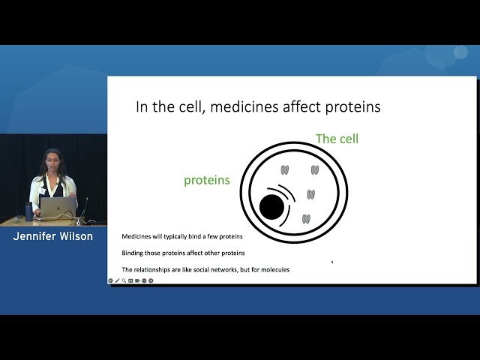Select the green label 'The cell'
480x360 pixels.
click(x=337, y=139)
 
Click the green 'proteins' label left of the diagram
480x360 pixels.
click(x=206, y=180)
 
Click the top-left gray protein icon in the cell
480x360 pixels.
click(x=285, y=170)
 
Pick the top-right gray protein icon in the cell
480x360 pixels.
click(x=315, y=170)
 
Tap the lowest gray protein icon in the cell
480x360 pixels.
click(x=306, y=219)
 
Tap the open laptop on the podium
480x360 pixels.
click(x=58, y=207)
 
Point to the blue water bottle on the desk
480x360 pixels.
click(x=29, y=211)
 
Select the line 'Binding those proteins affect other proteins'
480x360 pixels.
click(x=183, y=253)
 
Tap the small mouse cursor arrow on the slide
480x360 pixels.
click(x=332, y=262)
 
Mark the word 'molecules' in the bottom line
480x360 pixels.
click(x=274, y=269)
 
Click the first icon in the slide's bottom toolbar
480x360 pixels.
click(x=111, y=280)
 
